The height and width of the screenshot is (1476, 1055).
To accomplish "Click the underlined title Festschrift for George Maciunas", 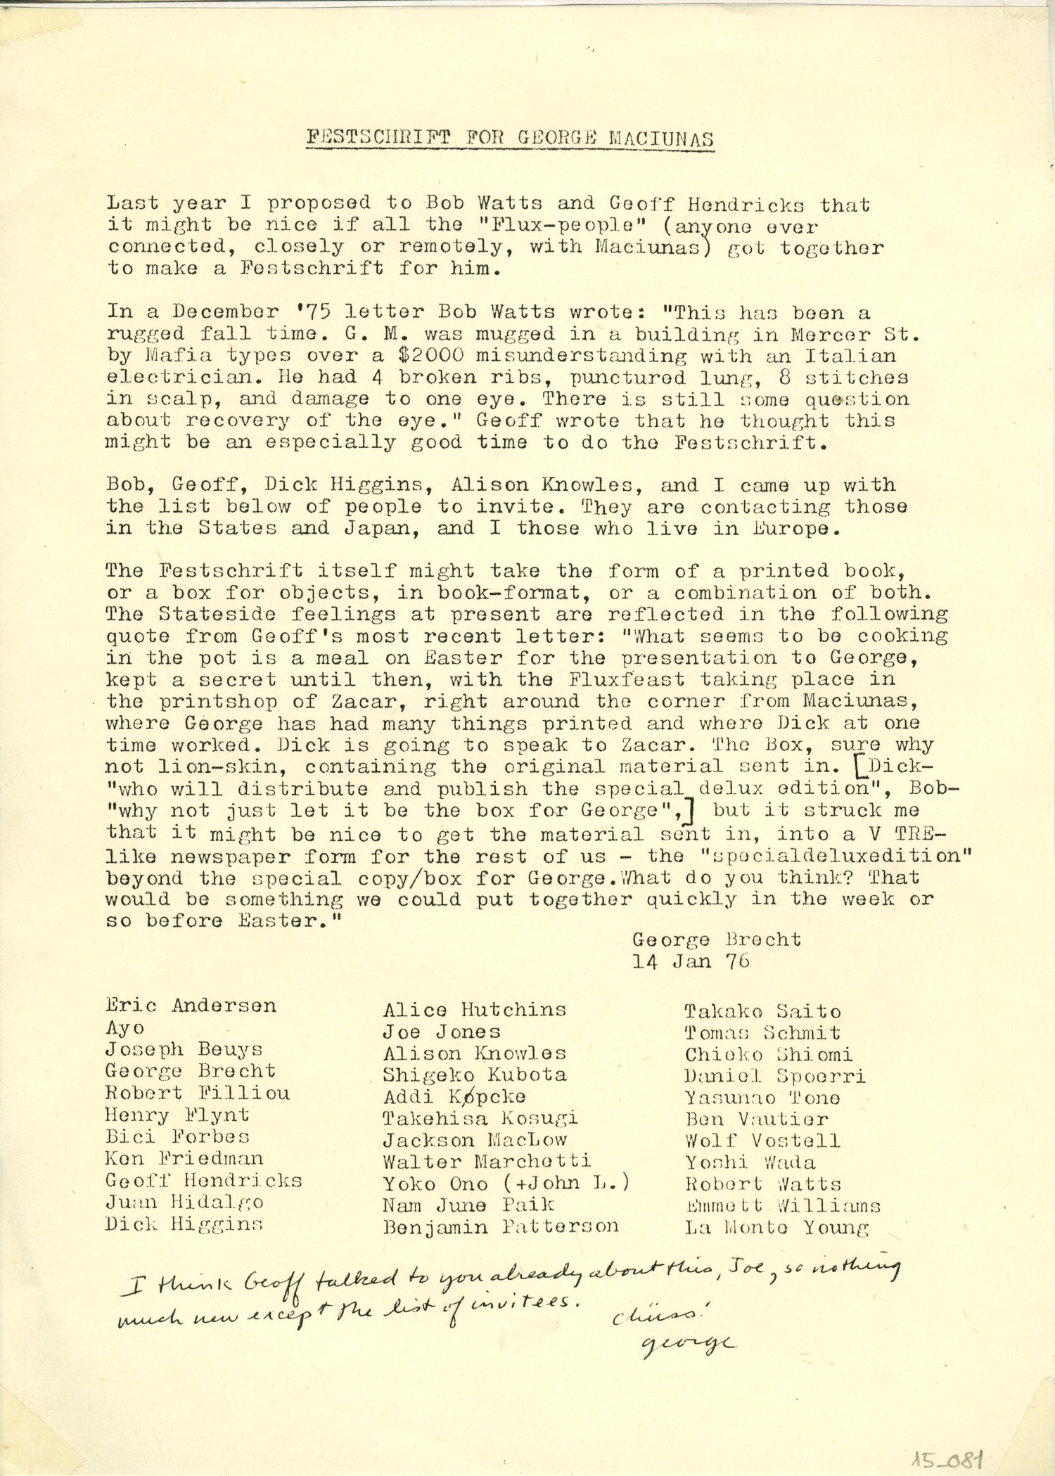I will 510,137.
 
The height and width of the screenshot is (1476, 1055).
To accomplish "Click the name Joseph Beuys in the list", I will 184,1050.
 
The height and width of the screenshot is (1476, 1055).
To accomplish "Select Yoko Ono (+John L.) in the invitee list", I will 506,1183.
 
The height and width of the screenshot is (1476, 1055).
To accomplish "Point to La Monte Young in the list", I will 777,1228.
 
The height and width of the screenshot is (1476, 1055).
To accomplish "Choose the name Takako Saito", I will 762,1012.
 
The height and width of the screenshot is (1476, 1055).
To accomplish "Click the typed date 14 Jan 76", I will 691,961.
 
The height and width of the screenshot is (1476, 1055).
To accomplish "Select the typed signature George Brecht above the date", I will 716,939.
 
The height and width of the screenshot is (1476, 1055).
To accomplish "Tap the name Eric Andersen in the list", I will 191,1006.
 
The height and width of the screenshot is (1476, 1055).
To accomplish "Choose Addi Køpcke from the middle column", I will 454,1096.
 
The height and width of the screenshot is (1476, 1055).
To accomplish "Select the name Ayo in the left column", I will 125,1028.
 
